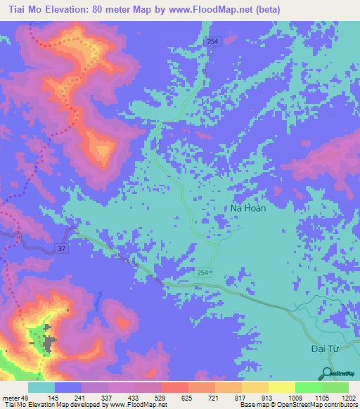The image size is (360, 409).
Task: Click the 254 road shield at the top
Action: click(x=213, y=43)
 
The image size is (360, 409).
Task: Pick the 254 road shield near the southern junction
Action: click(x=202, y=272)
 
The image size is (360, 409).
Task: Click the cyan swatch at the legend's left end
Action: click(x=41, y=387)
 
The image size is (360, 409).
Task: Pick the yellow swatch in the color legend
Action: click(x=281, y=387)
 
